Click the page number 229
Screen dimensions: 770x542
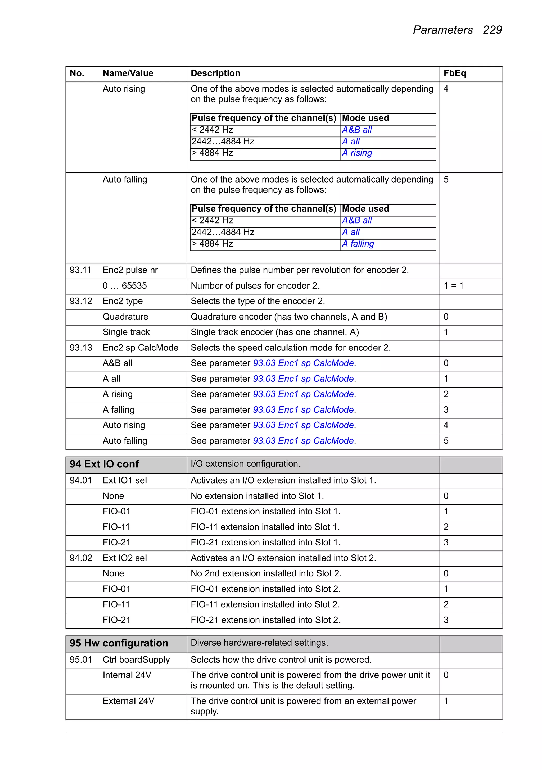coord(492,30)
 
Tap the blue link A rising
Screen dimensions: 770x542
coord(357,153)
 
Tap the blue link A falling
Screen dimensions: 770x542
coord(358,244)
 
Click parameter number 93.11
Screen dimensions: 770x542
coord(80,270)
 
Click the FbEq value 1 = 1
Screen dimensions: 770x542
coord(453,286)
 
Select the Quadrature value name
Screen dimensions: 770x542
coord(125,317)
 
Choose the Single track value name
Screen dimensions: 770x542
coord(126,332)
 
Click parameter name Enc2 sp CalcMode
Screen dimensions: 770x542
coord(140,348)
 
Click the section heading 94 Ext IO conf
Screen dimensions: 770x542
coord(104,464)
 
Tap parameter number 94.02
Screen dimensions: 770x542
coord(80,558)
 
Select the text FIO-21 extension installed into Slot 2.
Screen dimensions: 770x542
coord(265,620)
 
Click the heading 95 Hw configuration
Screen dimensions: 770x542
coord(119,643)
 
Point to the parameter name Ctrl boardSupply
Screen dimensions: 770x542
coord(136,660)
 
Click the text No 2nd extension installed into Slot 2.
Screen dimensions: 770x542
coord(266,573)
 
